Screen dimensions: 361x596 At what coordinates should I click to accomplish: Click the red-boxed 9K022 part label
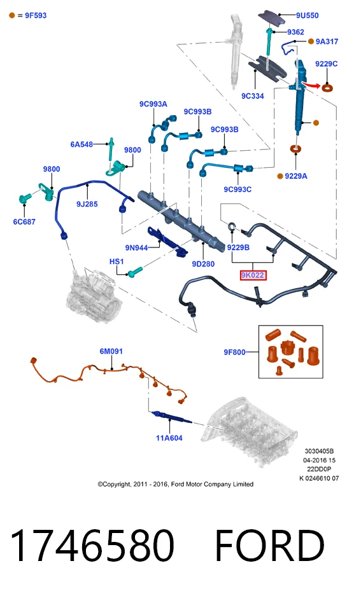point(253,275)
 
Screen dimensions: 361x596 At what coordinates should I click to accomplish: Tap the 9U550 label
point(308,16)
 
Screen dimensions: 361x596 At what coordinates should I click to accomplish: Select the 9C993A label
point(153,104)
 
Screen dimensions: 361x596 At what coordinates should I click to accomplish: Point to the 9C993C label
point(237,190)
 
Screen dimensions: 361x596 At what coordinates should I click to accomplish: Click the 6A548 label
point(81,144)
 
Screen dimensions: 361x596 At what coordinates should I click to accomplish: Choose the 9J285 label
point(87,204)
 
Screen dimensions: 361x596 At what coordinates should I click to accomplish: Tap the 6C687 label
point(24,221)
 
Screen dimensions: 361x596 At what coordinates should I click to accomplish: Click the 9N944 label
point(136,248)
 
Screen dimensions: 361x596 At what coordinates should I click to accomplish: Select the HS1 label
point(117,261)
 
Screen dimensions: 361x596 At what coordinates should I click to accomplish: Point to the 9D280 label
point(203,264)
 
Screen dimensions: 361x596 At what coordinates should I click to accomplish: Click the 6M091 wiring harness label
point(111,351)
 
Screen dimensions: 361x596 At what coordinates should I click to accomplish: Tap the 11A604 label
point(169,438)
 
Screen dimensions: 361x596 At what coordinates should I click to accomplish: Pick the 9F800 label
point(235,352)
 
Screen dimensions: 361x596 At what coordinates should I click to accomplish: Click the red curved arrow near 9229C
point(311,85)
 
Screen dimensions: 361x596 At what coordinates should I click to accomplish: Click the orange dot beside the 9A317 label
point(311,41)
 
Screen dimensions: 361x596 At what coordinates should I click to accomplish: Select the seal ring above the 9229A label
point(296,148)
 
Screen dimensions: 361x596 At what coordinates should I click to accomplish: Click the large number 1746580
point(92,546)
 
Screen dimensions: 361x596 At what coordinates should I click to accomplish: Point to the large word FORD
point(270,546)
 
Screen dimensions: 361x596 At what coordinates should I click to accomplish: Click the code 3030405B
point(319,451)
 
